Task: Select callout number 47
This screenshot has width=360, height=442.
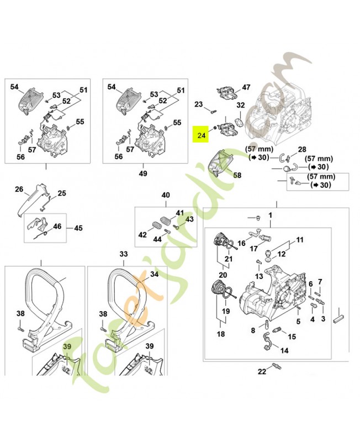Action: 246,87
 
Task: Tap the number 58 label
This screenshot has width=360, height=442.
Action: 237,175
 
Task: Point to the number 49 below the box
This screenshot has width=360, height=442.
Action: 143,173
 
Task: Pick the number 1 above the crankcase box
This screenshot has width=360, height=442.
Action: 271,214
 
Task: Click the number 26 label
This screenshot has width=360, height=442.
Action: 19,190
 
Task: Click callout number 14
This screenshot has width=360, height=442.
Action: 284,350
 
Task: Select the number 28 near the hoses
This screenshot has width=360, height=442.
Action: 302,150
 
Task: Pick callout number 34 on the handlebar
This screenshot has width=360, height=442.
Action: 154,274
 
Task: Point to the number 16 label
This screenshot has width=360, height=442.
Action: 241,243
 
